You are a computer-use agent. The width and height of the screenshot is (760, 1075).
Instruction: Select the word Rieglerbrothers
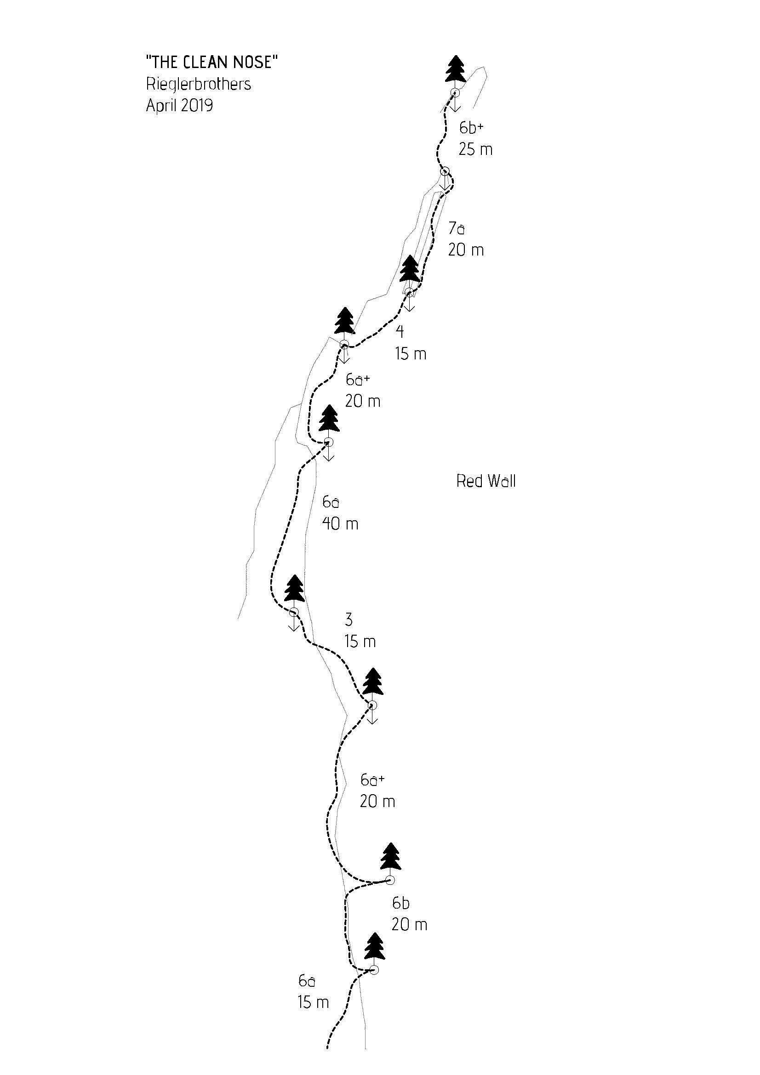(198, 84)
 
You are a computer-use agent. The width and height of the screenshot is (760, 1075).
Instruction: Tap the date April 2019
(179, 105)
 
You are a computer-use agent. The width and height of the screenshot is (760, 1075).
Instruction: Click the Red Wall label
(486, 481)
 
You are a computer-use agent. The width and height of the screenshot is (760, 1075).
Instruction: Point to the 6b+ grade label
(471, 127)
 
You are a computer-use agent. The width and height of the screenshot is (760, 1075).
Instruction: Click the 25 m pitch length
(475, 149)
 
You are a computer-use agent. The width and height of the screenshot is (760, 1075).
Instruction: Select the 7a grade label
(457, 228)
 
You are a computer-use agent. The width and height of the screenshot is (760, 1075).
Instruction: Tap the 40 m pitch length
(340, 523)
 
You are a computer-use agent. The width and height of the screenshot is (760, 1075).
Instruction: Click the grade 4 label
(400, 331)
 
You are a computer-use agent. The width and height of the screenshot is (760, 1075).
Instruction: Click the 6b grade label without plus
(401, 903)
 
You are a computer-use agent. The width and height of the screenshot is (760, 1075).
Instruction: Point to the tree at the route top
(455, 69)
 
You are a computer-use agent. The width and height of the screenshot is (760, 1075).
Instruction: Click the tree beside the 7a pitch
(411, 269)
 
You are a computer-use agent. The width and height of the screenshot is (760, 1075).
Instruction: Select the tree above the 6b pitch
(390, 856)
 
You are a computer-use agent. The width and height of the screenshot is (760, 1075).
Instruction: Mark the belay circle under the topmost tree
(455, 93)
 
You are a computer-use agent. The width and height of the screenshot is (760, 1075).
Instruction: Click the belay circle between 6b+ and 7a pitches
(445, 171)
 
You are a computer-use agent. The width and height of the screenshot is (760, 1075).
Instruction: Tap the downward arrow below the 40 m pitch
(294, 623)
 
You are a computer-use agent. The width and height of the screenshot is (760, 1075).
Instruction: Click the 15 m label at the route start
(313, 1002)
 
